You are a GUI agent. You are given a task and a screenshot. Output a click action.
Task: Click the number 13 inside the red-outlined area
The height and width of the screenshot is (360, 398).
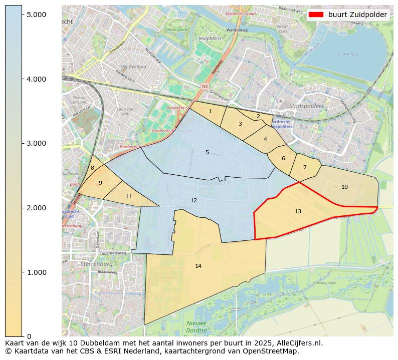point(298,211)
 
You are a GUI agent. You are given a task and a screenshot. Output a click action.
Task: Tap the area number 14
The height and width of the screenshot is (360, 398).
point(198,266)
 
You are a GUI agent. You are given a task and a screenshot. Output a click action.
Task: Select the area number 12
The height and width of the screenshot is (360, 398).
point(193,200)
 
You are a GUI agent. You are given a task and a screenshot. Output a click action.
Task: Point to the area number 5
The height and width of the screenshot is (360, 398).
point(207,152)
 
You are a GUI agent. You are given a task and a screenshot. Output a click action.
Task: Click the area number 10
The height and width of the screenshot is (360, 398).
point(344,187)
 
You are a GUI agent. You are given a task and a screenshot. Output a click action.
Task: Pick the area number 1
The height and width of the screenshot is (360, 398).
point(210,111)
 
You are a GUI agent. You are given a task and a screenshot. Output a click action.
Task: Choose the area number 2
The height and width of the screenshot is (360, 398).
point(258,116)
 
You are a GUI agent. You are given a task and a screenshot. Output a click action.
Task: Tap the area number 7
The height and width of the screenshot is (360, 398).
point(304,167)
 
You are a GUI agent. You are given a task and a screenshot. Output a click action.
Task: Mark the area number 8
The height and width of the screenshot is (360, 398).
point(92,168)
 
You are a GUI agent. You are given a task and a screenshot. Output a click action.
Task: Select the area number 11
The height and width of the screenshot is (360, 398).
point(128,196)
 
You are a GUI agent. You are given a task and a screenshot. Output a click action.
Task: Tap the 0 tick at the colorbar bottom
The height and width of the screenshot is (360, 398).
point(29,336)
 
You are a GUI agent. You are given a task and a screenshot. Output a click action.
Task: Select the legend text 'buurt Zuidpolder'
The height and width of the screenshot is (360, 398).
point(357,15)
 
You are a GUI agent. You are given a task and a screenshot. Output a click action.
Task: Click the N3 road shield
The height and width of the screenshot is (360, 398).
point(205,87)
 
